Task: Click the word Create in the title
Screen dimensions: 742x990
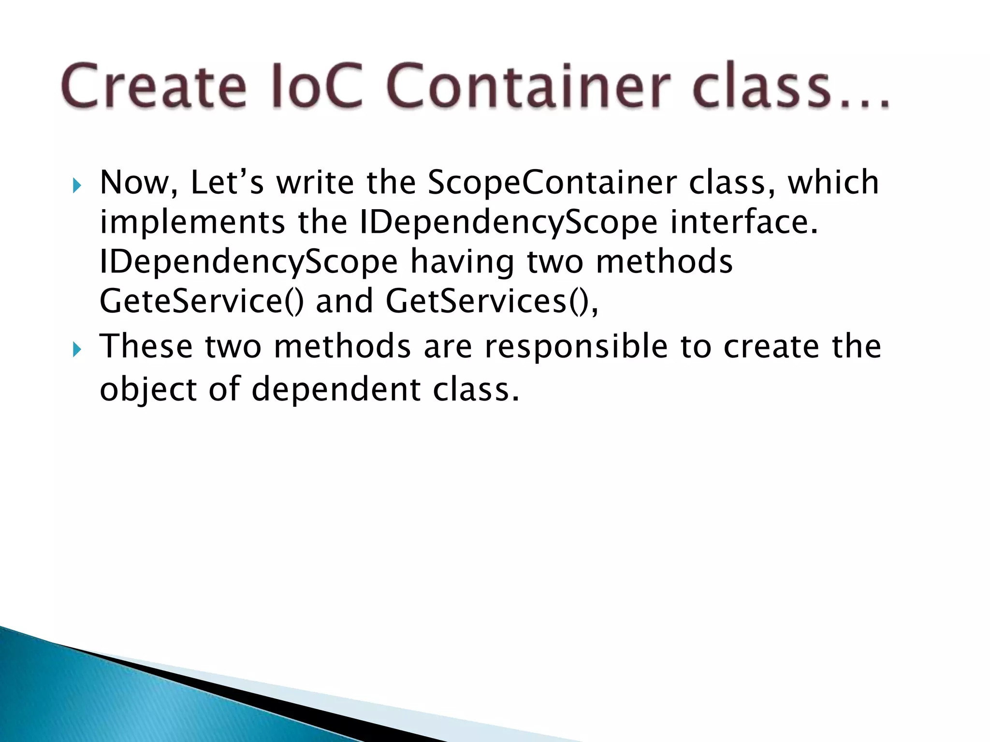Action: (x=154, y=86)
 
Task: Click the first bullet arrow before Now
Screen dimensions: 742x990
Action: (x=77, y=185)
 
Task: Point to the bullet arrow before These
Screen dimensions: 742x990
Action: (x=77, y=349)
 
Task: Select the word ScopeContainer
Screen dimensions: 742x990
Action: (x=553, y=183)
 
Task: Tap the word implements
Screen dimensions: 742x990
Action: (x=192, y=223)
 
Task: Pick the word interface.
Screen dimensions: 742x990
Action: (x=744, y=223)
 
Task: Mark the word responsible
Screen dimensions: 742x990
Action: (x=576, y=347)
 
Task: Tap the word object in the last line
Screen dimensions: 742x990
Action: (x=148, y=389)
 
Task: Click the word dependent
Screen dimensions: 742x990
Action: (x=336, y=389)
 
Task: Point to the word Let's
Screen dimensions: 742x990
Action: (x=227, y=183)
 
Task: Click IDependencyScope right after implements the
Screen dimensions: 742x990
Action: (x=509, y=223)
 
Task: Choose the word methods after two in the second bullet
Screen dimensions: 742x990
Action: (x=342, y=347)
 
